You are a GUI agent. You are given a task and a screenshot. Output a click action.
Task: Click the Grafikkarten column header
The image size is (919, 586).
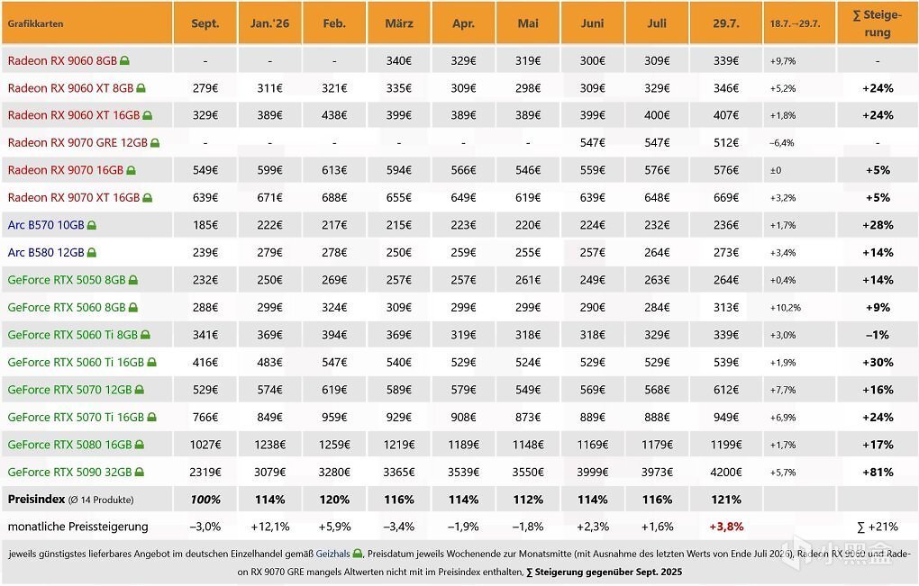(35, 24)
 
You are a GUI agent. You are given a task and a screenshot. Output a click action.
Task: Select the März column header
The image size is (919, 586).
(399, 23)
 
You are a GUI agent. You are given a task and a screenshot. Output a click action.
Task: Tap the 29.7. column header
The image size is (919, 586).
(726, 23)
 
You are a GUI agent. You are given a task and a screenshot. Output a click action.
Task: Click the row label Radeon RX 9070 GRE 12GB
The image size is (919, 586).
(77, 143)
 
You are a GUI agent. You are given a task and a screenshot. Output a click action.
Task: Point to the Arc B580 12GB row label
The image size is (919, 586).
(46, 252)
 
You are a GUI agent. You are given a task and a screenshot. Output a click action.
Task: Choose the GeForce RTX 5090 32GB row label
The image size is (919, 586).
(69, 472)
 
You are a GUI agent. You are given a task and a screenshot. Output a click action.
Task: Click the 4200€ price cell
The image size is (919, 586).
(726, 472)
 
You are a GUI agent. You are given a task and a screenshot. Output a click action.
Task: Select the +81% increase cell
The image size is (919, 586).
(878, 472)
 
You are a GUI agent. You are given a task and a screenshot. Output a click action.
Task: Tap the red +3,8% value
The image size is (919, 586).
(726, 527)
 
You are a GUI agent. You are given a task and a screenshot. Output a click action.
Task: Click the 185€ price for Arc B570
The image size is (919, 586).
(205, 225)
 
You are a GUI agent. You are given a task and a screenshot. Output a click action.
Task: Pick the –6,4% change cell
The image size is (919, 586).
(782, 143)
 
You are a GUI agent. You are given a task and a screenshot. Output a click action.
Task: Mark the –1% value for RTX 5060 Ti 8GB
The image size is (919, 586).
(878, 335)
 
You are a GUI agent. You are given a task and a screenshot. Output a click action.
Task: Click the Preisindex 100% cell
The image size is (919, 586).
(205, 500)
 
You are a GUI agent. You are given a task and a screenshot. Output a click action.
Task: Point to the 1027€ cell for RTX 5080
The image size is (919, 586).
(205, 445)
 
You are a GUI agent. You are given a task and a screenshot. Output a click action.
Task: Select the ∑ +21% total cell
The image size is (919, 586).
(878, 527)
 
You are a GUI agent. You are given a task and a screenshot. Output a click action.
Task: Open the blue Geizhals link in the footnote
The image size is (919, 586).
(332, 554)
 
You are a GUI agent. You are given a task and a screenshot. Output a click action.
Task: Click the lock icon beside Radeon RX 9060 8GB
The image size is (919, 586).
(125, 60)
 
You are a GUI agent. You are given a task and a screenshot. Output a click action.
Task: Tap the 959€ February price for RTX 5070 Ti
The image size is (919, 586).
(334, 417)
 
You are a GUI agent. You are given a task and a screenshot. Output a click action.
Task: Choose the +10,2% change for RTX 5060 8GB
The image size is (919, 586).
(786, 307)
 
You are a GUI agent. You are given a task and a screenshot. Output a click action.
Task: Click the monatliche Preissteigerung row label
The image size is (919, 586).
(78, 527)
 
